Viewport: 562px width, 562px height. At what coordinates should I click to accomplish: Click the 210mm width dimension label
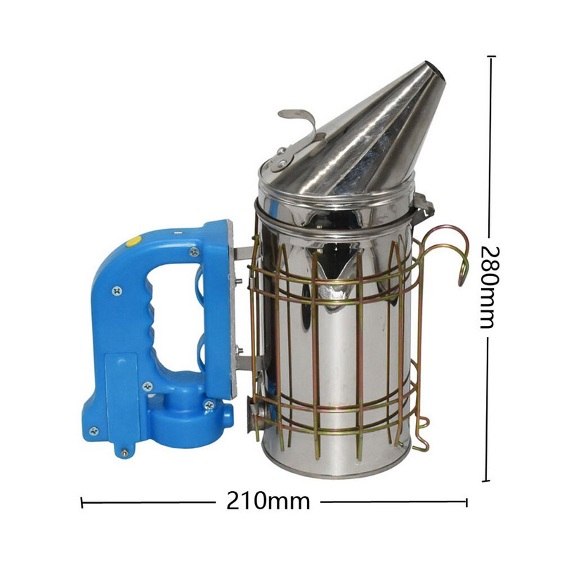(268, 501)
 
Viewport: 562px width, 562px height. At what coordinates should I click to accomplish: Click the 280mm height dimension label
(489, 287)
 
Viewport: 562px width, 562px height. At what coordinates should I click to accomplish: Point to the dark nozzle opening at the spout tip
(437, 71)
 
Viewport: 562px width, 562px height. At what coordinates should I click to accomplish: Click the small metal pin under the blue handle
(125, 452)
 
